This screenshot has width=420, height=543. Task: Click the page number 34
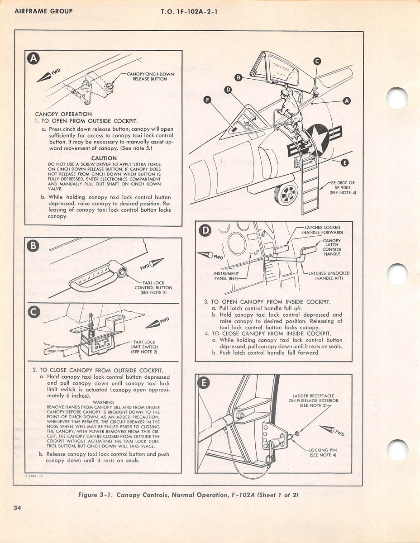[17, 508]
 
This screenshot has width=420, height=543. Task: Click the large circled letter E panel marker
[205, 383]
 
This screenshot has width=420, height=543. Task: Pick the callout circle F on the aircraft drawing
[208, 100]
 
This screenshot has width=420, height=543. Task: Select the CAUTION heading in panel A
[104, 158]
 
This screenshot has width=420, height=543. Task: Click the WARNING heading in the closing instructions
[104, 402]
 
